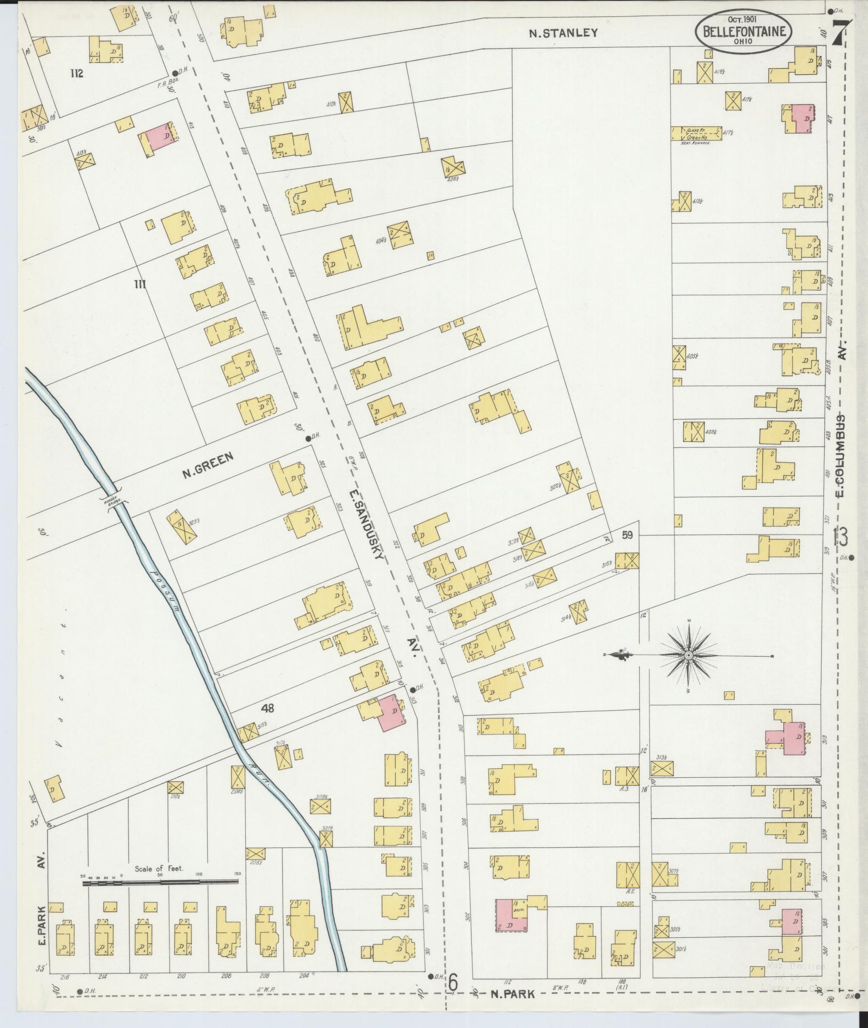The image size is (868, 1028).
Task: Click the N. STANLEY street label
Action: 562,33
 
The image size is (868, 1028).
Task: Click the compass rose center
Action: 688,655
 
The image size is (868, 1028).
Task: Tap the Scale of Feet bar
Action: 160,883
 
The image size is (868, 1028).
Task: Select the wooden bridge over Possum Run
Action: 114,500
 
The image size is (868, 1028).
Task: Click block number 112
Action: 77,74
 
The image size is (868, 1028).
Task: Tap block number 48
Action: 268,708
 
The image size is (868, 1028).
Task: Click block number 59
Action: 626,535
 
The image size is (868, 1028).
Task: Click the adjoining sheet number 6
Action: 453,979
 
